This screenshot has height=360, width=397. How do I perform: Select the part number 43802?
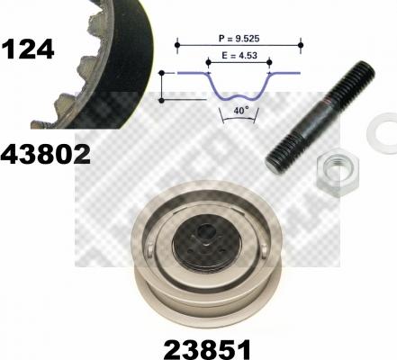[x=46, y=154]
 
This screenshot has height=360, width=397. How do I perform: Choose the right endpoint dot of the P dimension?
[x=302, y=40]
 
